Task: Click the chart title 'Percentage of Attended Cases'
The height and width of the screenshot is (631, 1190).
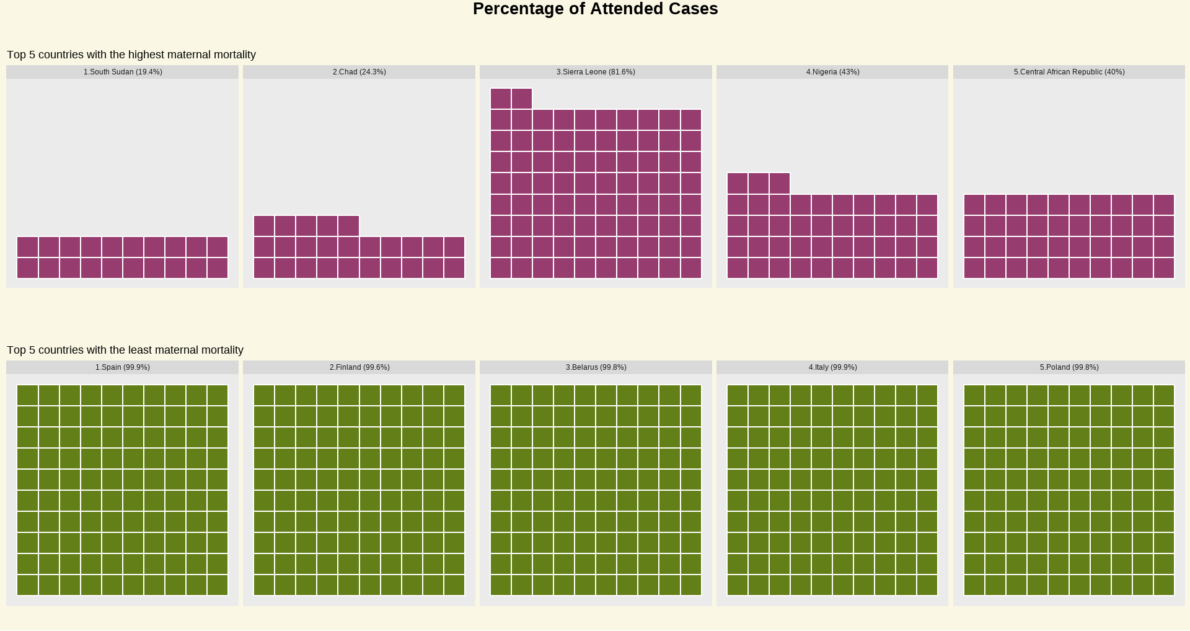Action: pyautogui.click(x=595, y=9)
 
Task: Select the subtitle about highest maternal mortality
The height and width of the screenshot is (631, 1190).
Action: pyautogui.click(x=131, y=55)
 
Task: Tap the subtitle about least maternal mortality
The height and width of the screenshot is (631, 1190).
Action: pyautogui.click(x=125, y=350)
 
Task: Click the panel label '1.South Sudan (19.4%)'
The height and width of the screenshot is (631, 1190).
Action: pyautogui.click(x=123, y=72)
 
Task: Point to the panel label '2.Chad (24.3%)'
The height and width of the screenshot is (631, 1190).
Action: pyautogui.click(x=359, y=72)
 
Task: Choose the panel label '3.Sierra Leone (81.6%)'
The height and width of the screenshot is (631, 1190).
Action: pyautogui.click(x=596, y=72)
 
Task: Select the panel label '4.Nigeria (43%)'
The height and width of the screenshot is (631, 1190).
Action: pyautogui.click(x=832, y=72)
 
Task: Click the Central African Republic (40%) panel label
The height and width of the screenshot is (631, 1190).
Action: pyautogui.click(x=1069, y=72)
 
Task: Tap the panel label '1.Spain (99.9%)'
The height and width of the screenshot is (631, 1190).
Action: pyautogui.click(x=123, y=367)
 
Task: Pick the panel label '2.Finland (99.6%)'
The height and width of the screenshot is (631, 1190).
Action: pyautogui.click(x=359, y=367)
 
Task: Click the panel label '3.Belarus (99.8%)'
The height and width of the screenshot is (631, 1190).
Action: pyautogui.click(x=596, y=367)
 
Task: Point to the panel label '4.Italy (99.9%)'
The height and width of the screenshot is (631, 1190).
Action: pyautogui.click(x=832, y=367)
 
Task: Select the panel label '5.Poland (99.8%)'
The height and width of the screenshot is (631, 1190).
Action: pyautogui.click(x=1069, y=367)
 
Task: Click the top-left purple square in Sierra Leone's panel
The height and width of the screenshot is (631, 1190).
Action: pyautogui.click(x=501, y=99)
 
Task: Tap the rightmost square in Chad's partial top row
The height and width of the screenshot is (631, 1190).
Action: pyautogui.click(x=348, y=226)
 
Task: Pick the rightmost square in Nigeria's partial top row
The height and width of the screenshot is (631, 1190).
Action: pyautogui.click(x=780, y=184)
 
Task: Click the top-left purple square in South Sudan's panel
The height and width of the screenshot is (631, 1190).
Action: pyautogui.click(x=28, y=247)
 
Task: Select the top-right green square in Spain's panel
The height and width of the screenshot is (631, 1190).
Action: pyautogui.click(x=218, y=395)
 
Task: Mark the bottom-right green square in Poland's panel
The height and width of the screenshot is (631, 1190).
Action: pyautogui.click(x=1164, y=585)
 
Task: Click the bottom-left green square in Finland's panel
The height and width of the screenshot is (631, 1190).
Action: pyautogui.click(x=264, y=585)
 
